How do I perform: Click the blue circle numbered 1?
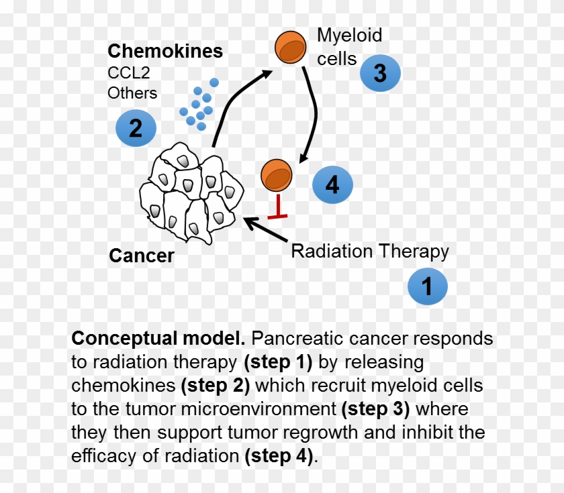tap(427, 286)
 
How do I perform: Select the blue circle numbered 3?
tap(380, 72)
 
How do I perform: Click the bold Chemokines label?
tap(165, 51)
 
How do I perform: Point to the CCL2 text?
tap(129, 72)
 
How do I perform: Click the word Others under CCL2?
tap(132, 93)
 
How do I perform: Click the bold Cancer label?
tap(142, 256)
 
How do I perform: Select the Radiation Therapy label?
tap(369, 252)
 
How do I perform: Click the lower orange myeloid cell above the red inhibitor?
tap(277, 176)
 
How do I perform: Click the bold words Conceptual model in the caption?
tap(158, 338)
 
